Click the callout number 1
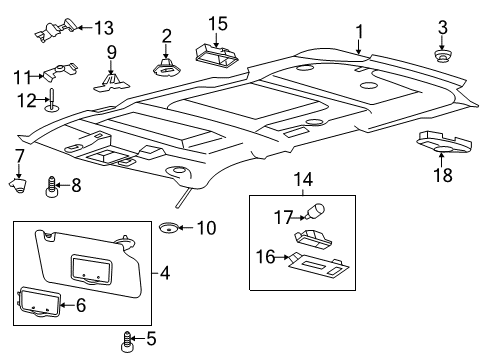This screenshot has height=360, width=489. pos(359,32)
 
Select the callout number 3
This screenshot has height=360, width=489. pos(441,25)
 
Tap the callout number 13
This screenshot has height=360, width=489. pos(103,27)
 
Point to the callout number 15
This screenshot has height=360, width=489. pos(218,22)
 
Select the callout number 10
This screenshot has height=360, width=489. pos(205,228)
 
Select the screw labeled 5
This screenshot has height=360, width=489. pos(127,340)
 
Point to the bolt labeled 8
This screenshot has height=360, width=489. pos(52,185)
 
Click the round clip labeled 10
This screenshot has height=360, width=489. pos(173,228)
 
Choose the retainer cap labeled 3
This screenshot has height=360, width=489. pos(440,53)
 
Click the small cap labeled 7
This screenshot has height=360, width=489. pos(18,183)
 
